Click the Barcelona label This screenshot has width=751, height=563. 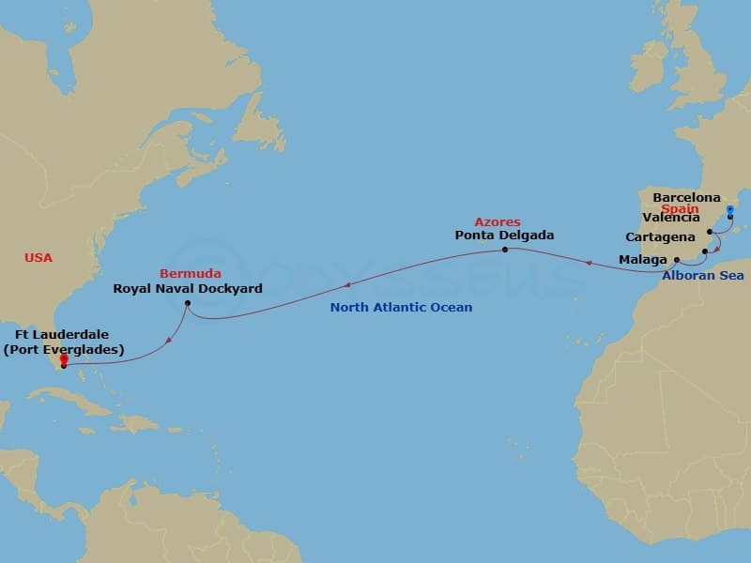[687, 198]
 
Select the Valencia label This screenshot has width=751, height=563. [671, 219]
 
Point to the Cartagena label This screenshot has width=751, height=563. [660, 237]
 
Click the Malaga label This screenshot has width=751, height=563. [643, 258]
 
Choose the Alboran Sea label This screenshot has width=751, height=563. [702, 276]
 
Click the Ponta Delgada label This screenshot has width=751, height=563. [503, 236]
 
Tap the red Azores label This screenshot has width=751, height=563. [498, 222]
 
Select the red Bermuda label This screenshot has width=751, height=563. [191, 274]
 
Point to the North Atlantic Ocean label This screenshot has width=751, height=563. [401, 307]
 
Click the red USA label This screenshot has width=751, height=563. [39, 257]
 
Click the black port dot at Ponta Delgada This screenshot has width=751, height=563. [505, 250]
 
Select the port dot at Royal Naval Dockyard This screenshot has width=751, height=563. [188, 303]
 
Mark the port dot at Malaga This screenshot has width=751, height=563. [677, 259]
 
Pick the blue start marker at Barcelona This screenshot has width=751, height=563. [730, 210]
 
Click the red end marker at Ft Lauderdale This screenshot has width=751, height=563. [64, 360]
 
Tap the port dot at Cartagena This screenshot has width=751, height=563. [704, 251]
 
